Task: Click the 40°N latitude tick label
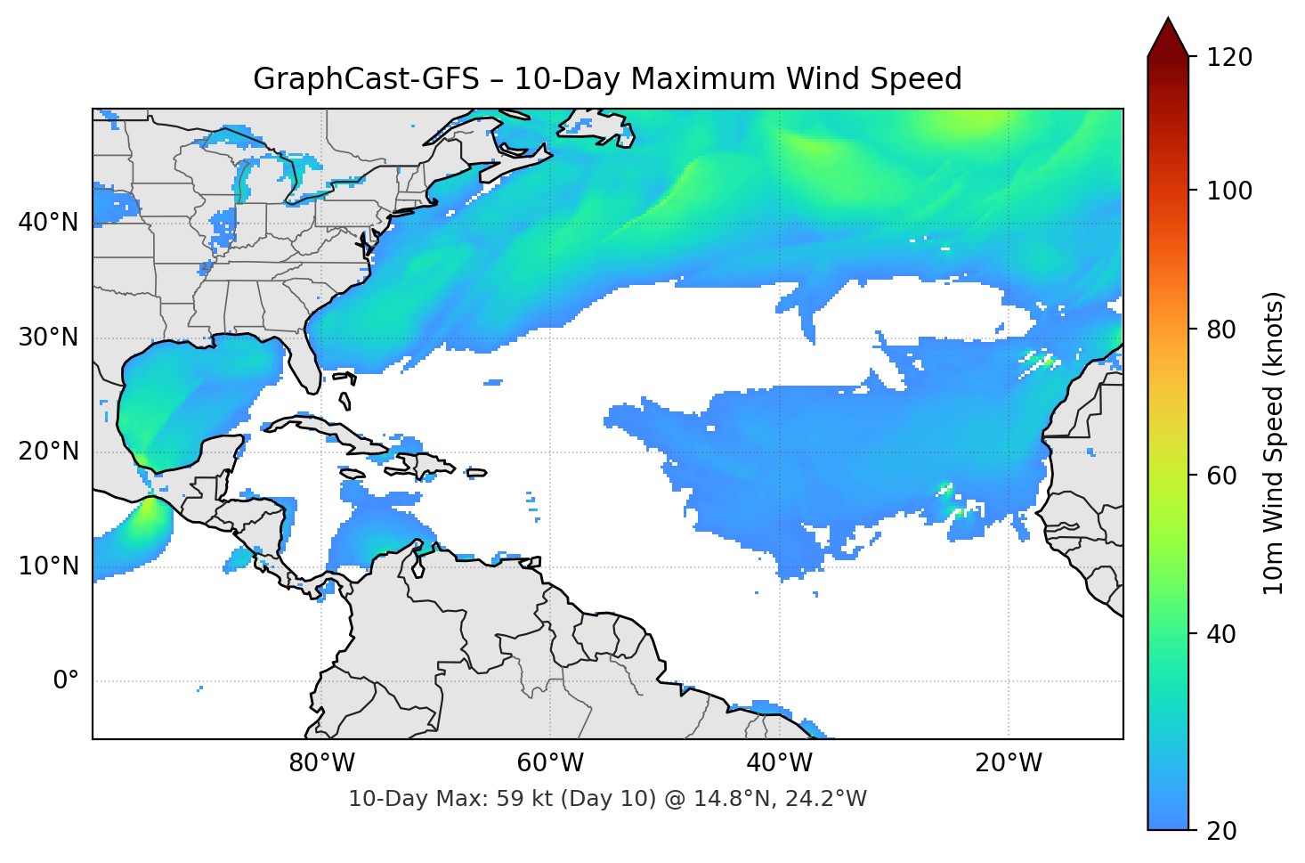coord(48,223)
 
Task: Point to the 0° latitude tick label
coord(66,681)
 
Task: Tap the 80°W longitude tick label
coord(321,763)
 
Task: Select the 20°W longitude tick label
coord(1008,763)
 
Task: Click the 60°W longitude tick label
coord(550,763)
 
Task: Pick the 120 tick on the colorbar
coord(1229,58)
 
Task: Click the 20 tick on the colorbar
coord(1220,831)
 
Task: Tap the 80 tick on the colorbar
coord(1220,330)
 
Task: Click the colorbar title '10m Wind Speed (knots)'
coord(1274,443)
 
